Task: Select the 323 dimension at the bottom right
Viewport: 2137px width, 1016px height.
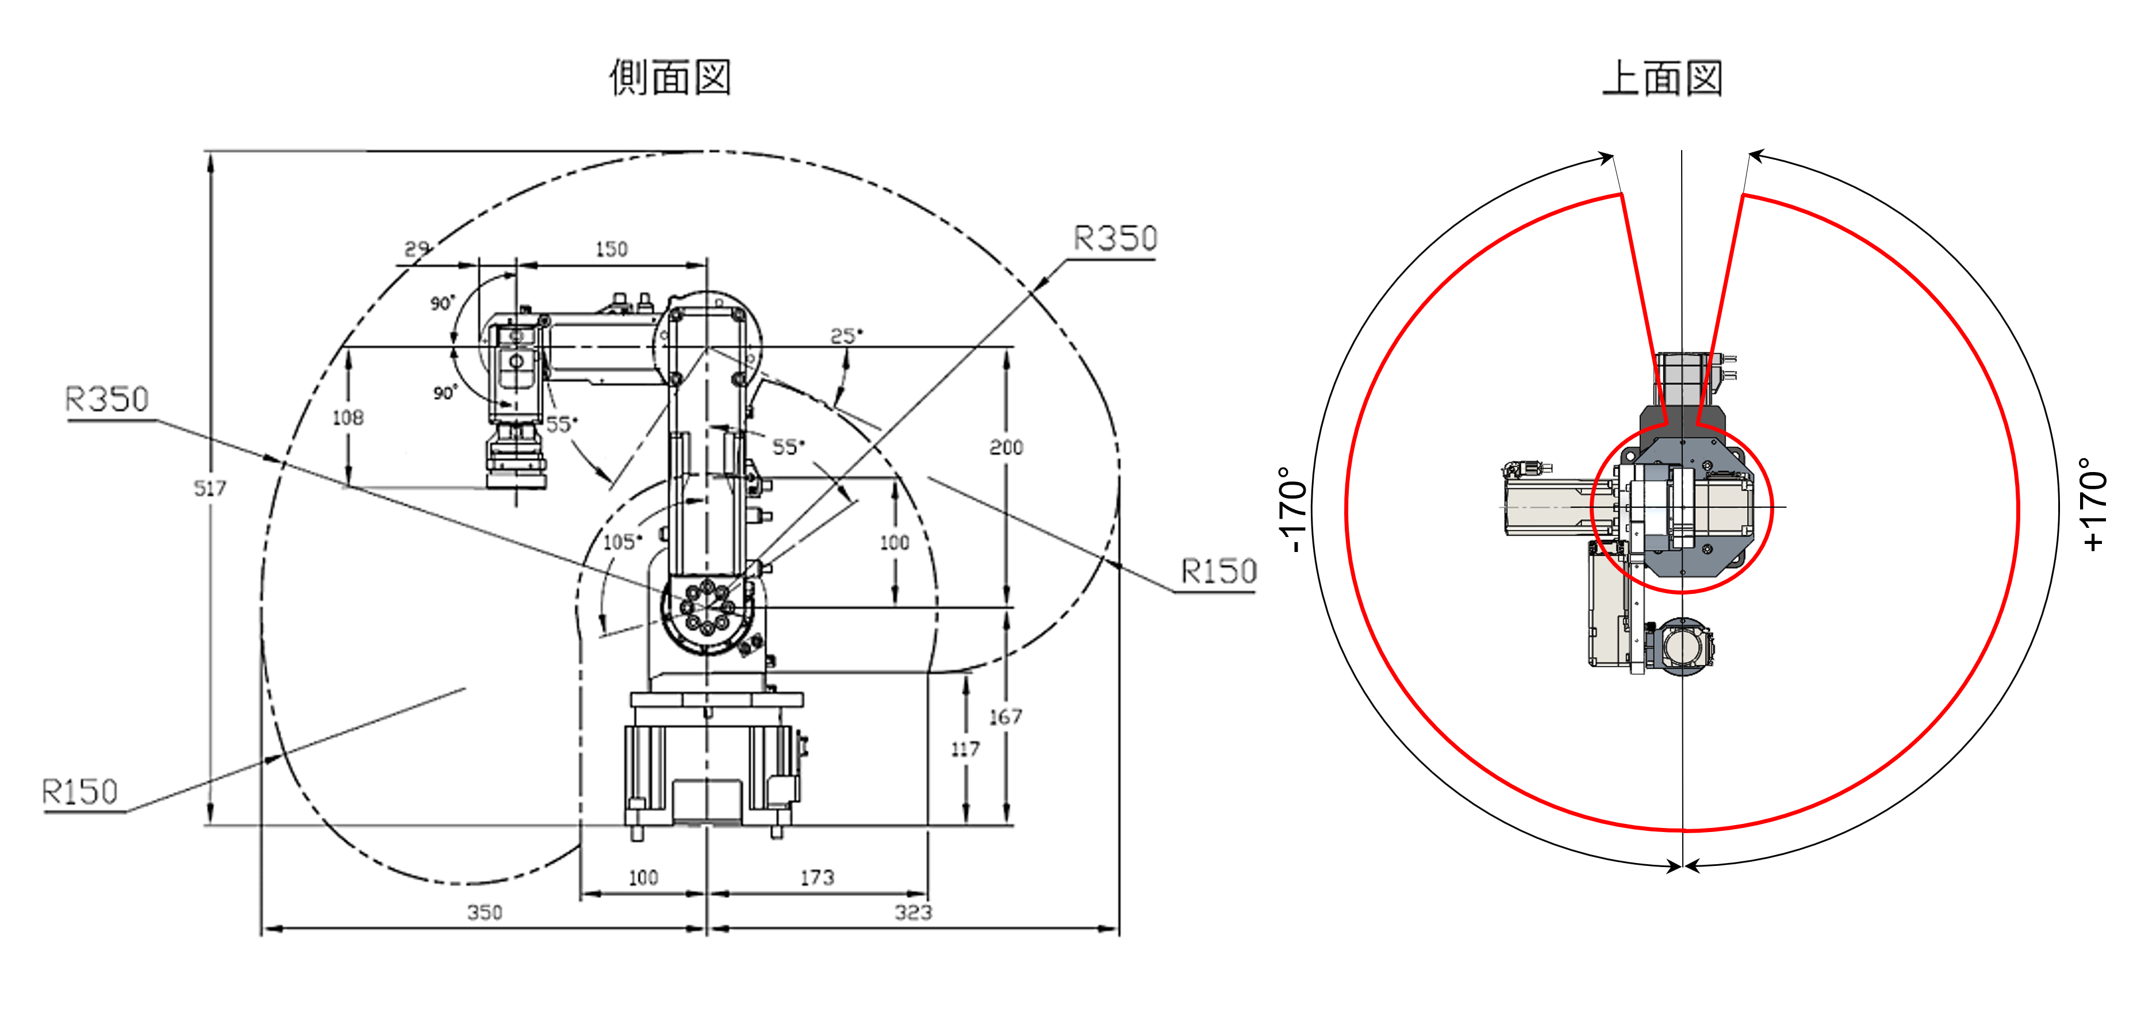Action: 914,913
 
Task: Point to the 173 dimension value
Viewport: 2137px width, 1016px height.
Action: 817,877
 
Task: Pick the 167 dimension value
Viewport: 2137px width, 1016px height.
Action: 1006,716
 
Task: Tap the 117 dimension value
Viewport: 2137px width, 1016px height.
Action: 965,750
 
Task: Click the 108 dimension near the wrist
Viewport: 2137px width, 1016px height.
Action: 348,418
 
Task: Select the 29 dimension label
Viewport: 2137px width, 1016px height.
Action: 416,249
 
